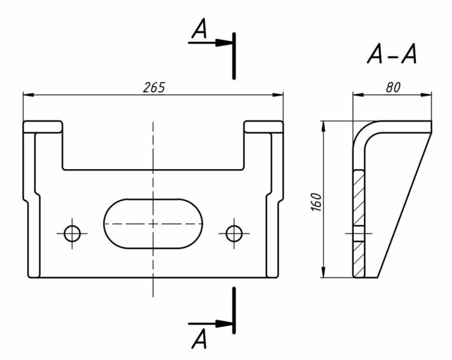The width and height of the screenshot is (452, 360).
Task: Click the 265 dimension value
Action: [x=154, y=87]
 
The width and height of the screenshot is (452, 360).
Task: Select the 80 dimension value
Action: [x=392, y=87]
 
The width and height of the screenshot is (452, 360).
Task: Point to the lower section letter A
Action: [x=199, y=340]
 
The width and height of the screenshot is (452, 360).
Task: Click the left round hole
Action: [x=74, y=232]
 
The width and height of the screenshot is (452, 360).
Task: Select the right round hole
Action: [x=234, y=232]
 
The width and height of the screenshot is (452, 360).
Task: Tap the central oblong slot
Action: [x=153, y=223]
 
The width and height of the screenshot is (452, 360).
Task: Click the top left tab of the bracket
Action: [x=43, y=126]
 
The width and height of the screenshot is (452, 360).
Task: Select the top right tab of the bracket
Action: [x=263, y=126]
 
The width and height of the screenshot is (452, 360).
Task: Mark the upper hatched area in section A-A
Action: [x=359, y=197]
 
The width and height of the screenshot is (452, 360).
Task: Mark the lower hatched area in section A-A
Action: [x=359, y=259]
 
